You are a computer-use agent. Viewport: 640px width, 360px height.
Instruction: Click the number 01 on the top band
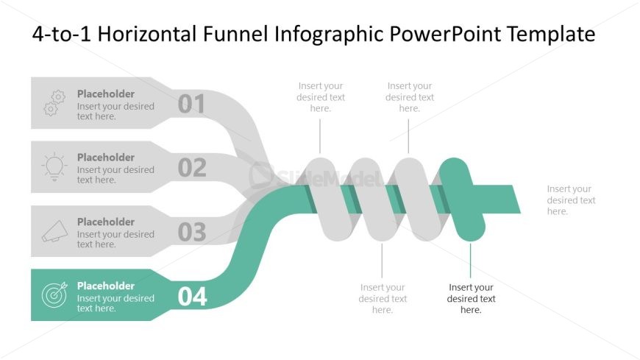pyautogui.click(x=192, y=104)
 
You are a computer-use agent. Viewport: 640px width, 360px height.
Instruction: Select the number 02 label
pyautogui.click(x=192, y=168)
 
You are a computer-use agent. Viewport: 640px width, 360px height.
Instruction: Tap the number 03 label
pyautogui.click(x=192, y=232)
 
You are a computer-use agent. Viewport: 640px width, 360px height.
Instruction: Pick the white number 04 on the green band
pyautogui.click(x=193, y=296)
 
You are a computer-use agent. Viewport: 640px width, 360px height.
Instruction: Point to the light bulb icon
pyautogui.click(x=54, y=167)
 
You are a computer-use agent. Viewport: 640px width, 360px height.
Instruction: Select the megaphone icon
pyautogui.click(x=54, y=232)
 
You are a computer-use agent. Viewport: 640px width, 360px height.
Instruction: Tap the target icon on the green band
pyautogui.click(x=54, y=295)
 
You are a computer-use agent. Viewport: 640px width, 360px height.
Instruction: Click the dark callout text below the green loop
pyautogui.click(x=471, y=298)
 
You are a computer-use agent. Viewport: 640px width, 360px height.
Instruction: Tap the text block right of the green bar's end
pyautogui.click(x=571, y=200)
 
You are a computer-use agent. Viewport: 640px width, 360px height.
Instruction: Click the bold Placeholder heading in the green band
pyautogui.click(x=106, y=286)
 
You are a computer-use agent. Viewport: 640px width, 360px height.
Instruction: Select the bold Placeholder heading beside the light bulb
pyautogui.click(x=106, y=157)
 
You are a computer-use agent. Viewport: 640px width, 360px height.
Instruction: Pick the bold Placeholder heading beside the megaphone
pyautogui.click(x=106, y=222)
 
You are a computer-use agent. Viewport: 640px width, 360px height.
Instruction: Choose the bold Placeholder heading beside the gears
pyautogui.click(x=106, y=93)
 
